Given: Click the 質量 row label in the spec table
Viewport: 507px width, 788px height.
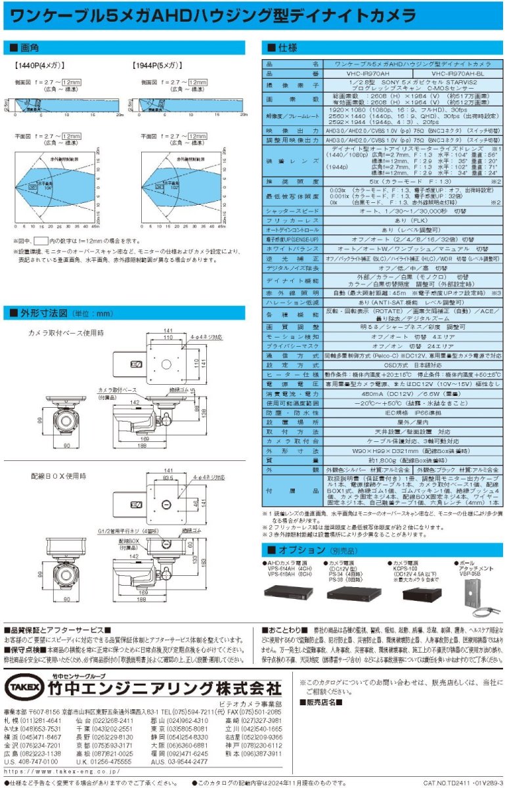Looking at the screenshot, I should pyautogui.click(x=292, y=461).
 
